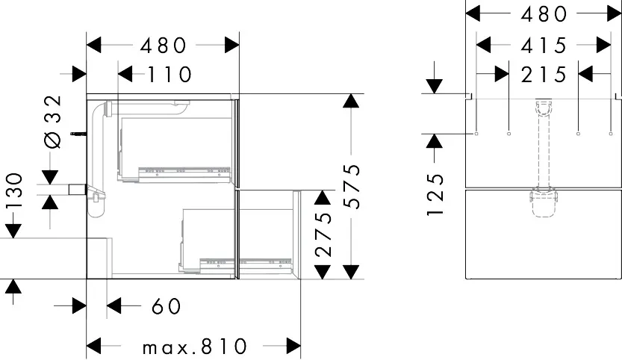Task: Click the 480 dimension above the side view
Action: coord(163,46)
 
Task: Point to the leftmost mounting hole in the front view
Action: coord(476,134)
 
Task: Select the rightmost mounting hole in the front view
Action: coord(610,134)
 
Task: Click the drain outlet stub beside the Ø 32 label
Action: coord(75,190)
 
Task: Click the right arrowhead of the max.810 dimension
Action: coord(293,345)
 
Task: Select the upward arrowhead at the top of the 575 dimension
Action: coord(348,102)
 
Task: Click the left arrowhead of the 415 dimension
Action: coord(485,46)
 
